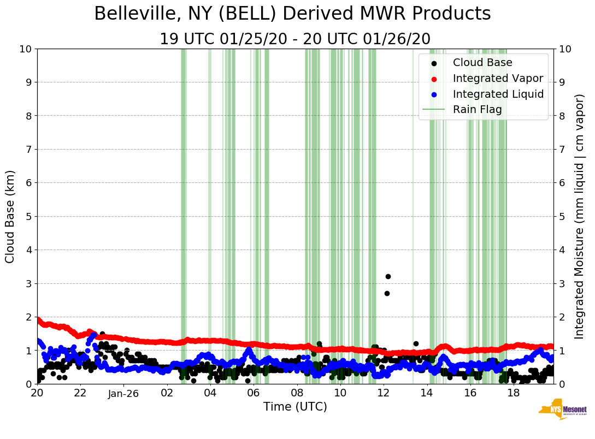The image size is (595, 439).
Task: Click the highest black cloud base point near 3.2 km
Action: click(x=388, y=276)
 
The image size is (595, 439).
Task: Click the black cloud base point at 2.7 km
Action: click(x=387, y=293)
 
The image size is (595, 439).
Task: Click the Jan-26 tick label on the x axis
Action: click(x=123, y=393)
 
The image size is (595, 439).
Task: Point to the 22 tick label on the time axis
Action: click(x=80, y=393)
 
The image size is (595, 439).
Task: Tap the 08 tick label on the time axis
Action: click(x=297, y=393)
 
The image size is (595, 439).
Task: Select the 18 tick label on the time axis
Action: click(x=513, y=393)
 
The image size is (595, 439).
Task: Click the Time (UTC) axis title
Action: click(x=295, y=407)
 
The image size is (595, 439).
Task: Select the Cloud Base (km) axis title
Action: click(x=10, y=216)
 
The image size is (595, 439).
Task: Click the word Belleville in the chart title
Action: click(x=137, y=14)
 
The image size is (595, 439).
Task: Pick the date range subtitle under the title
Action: click(x=295, y=39)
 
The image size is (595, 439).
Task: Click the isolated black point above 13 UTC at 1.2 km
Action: click(x=416, y=343)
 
